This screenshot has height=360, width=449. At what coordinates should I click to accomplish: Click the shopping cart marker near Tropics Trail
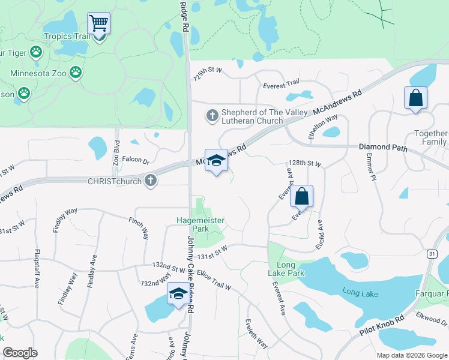pyautogui.click(x=98, y=24)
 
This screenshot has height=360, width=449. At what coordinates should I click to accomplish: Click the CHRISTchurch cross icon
pyautogui.click(x=151, y=180)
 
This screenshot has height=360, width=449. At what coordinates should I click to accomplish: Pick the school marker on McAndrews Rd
pyautogui.click(x=216, y=161)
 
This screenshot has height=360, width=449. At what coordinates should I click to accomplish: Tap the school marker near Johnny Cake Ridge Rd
pyautogui.click(x=178, y=294)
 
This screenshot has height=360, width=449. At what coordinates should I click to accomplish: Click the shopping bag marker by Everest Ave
pyautogui.click(x=301, y=197)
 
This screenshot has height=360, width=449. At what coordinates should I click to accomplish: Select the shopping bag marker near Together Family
pyautogui.click(x=415, y=98)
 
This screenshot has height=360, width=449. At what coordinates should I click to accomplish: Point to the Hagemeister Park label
pyautogui.click(x=200, y=224)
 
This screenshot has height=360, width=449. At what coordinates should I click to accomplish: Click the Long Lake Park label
pyautogui.click(x=291, y=269)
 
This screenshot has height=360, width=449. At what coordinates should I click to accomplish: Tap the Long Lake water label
pyautogui.click(x=360, y=293)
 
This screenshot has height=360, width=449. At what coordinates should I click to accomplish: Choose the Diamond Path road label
pyautogui.click(x=383, y=147)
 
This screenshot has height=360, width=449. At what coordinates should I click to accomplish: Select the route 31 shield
pyautogui.click(x=432, y=254)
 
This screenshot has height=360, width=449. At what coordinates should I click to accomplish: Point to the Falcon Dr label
pyautogui.click(x=135, y=160)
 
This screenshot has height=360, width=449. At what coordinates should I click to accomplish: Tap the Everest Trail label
pyautogui.click(x=281, y=85)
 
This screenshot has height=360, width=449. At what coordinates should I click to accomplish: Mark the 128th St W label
pyautogui.click(x=305, y=164)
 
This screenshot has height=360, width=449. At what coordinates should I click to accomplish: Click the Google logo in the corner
pyautogui.click(x=20, y=353)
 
